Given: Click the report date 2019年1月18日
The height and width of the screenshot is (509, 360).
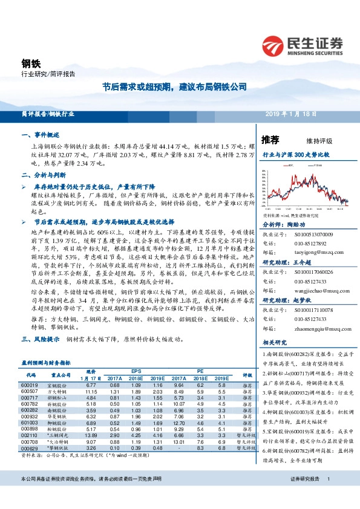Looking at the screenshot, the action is click(x=291, y=114).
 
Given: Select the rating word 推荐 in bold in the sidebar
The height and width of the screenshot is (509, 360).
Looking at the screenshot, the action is click(x=270, y=139).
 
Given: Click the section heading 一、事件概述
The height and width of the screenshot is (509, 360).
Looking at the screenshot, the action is click(x=41, y=136).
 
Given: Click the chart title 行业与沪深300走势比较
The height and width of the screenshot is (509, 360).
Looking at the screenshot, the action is click(x=296, y=155).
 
